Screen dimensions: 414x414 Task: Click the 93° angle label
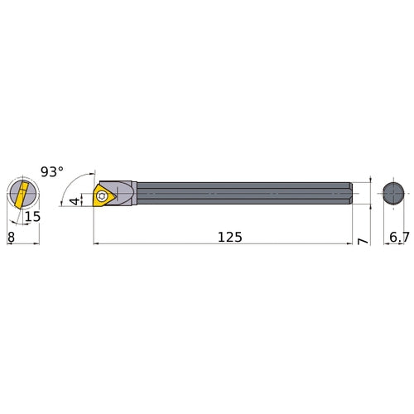(x=51, y=172)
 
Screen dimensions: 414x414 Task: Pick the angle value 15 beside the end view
(x=32, y=217)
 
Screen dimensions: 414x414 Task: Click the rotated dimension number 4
(x=74, y=200)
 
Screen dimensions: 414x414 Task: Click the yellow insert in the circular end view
(x=20, y=195)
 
